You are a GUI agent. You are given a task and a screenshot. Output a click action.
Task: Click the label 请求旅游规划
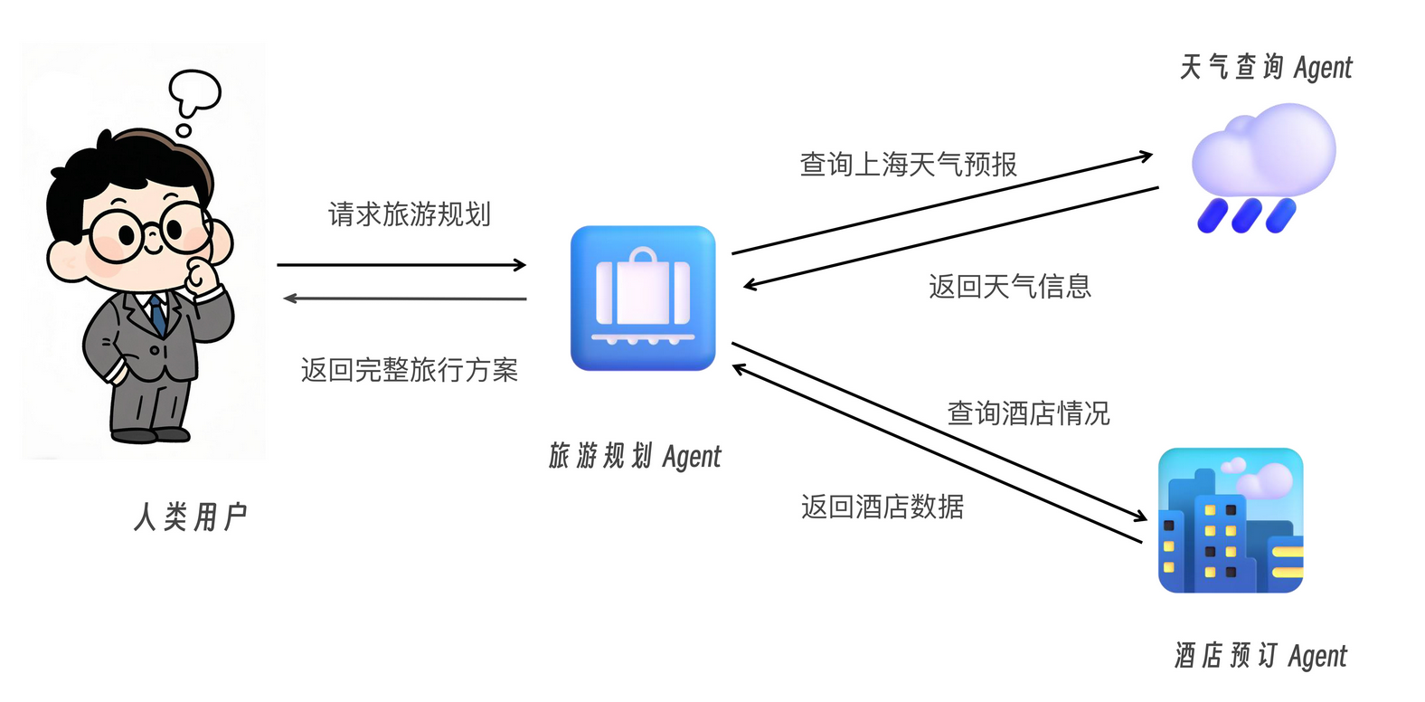click(x=409, y=214)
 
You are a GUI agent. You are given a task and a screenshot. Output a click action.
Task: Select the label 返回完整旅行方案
click(x=409, y=370)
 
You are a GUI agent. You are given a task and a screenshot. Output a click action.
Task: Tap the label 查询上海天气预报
click(x=908, y=165)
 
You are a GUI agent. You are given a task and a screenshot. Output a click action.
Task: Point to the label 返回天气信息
click(x=1009, y=287)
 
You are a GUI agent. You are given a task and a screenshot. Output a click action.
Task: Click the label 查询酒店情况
click(x=1028, y=413)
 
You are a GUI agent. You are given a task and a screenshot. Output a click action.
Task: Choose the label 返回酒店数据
click(x=882, y=507)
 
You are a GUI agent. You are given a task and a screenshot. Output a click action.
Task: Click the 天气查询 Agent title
click(x=1265, y=67)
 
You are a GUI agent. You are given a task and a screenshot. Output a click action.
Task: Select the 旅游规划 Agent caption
click(x=635, y=456)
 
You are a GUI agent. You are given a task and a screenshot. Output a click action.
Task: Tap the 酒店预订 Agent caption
click(x=1260, y=655)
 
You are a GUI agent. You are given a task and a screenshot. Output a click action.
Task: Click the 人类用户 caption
click(x=191, y=517)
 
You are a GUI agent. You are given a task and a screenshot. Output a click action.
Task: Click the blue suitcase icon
click(x=643, y=298)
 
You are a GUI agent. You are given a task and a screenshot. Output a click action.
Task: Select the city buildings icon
click(x=1231, y=520)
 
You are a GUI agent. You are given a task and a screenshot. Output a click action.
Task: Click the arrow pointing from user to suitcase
click(x=401, y=265)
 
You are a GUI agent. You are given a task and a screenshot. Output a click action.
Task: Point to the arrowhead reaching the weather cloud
click(x=1146, y=157)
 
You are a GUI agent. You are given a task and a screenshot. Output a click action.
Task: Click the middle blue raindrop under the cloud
click(x=1247, y=215)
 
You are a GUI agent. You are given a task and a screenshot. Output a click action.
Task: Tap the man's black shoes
click(x=148, y=435)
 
